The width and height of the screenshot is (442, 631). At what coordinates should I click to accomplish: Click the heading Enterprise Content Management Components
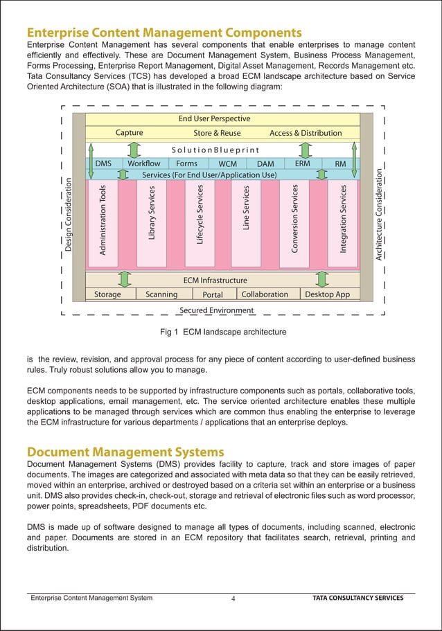[163, 33]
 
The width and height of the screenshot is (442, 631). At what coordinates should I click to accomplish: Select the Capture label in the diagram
[130, 133]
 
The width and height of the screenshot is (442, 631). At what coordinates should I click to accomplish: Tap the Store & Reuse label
[217, 133]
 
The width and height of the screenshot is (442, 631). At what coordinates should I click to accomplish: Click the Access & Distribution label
[306, 133]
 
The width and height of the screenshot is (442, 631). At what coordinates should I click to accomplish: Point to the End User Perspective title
[214, 119]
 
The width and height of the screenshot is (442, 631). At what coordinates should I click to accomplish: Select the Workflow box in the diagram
[145, 163]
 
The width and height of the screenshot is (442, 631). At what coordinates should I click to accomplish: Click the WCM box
[227, 164]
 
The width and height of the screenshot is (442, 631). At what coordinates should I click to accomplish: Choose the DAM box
[265, 164]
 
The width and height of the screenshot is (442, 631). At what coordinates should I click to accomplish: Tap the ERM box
[302, 163]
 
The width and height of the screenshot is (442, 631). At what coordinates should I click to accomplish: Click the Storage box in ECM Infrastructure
[107, 294]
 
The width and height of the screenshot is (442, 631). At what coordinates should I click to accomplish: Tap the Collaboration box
[265, 294]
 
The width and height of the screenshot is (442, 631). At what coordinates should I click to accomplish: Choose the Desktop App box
[328, 294]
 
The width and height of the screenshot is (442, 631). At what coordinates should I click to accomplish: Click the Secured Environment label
[216, 310]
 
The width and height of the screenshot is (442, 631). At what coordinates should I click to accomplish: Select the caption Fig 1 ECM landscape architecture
[223, 332]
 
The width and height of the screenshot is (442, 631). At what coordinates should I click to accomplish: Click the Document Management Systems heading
[125, 452]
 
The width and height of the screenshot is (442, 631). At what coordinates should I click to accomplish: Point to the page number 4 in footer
[233, 598]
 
